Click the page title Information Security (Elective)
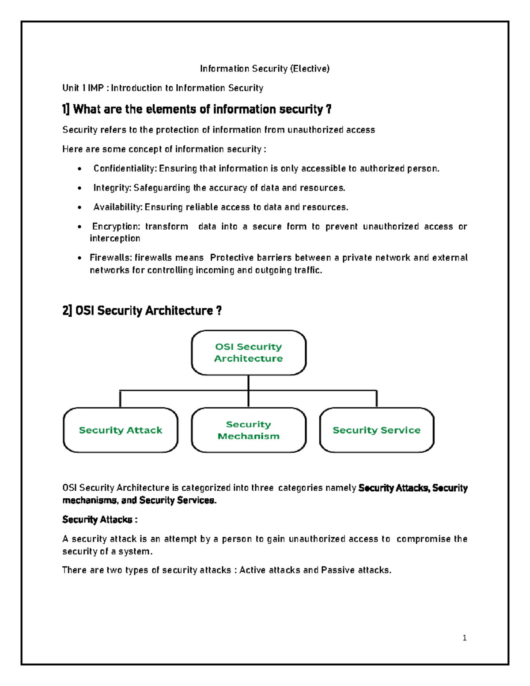tap(265, 68)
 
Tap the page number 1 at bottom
tap(464, 637)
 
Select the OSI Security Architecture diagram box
tap(248, 352)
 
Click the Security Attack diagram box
tap(120, 430)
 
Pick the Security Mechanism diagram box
tap(248, 430)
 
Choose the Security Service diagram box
tap(376, 430)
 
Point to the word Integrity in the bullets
tap(112, 188)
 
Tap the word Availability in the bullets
tap(117, 207)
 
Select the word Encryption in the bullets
tap(116, 227)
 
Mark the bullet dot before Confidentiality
tap(79, 169)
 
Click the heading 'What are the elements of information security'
tap(197, 109)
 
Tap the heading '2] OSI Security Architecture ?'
tap(142, 311)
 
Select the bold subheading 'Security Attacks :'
tap(99, 519)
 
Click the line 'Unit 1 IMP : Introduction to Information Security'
tap(163, 88)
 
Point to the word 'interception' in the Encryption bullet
tap(115, 239)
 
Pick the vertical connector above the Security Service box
tap(376, 398)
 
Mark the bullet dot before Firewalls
tap(79, 258)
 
